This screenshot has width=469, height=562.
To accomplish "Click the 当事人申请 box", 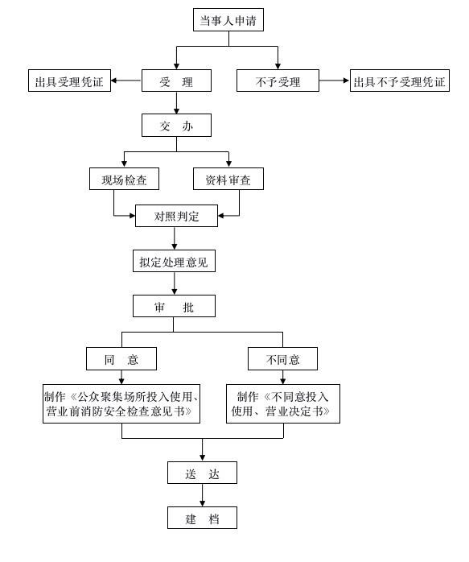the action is pos(228,19).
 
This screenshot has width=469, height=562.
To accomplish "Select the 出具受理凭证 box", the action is pos(69,81).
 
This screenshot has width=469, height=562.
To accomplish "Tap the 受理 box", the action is pos(176,81).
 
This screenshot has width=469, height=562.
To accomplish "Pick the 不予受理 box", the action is pos(278,81).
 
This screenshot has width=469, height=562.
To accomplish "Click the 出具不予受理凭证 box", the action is pos(400,81).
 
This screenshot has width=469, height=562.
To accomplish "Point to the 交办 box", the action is pos(176,125).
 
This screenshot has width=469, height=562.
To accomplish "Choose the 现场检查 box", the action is pos(124,179).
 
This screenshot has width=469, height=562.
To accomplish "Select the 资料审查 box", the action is pos(228,179).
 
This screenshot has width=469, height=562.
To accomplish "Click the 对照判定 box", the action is pos(176,216).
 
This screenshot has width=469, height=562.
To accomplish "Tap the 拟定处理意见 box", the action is pos(174,261).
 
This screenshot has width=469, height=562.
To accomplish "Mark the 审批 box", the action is pos(174,306).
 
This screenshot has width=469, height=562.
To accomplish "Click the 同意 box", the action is pos(121,359).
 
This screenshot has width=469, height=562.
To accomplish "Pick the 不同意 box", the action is pos(283,359).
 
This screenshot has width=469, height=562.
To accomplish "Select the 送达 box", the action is pos(202,473).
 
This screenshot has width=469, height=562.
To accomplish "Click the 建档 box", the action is pos(202,518).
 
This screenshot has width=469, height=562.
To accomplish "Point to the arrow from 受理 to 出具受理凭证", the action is pos(126,81).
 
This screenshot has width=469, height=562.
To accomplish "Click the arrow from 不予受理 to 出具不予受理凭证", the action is pos(335,81).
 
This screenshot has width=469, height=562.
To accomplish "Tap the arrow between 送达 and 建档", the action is pos(202,495).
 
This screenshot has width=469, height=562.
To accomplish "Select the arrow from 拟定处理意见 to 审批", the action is pos(175,283).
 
